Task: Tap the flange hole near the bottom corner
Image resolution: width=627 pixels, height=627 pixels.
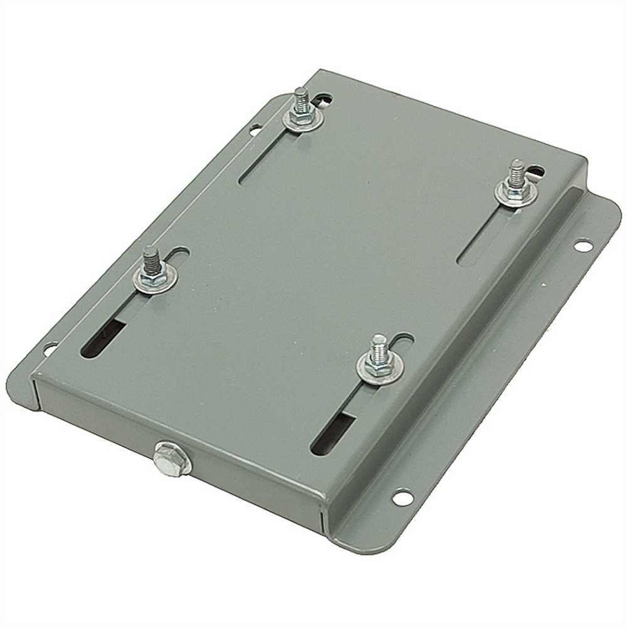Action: pos(402,497)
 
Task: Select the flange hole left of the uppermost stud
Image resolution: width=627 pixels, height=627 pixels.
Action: pos(255,130)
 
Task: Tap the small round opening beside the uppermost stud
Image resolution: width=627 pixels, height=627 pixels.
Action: pos(323,100)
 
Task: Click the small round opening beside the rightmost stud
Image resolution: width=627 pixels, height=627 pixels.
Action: pos(535,170)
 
